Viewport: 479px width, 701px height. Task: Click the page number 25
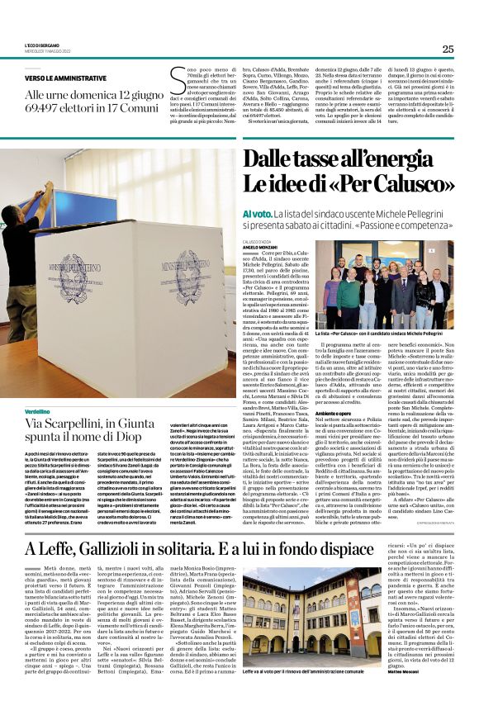click(447, 49)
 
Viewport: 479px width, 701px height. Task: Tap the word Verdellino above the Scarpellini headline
click(37, 410)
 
